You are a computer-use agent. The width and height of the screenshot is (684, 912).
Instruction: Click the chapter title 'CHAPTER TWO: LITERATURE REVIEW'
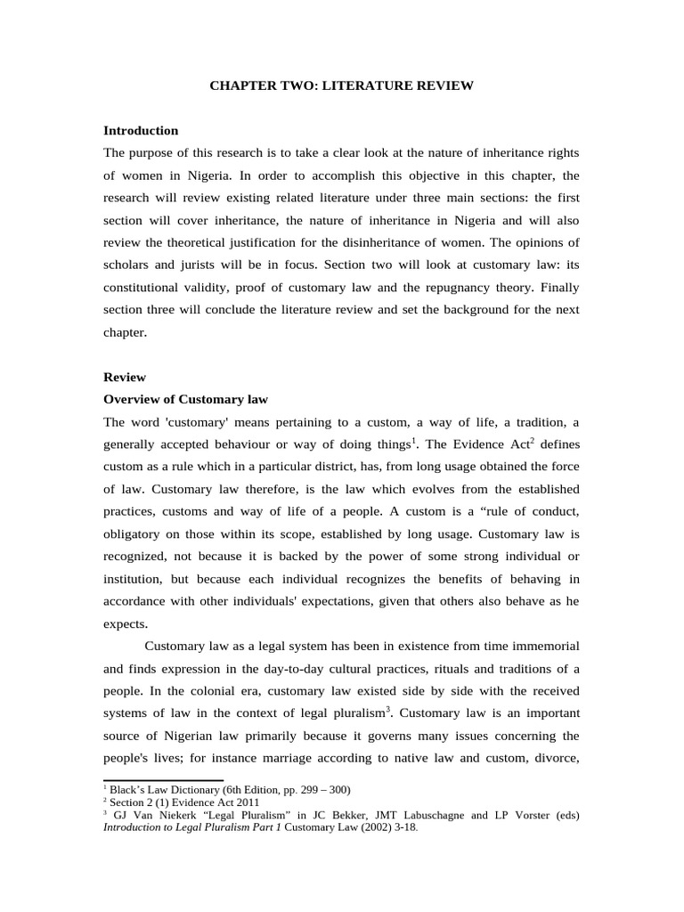(342, 86)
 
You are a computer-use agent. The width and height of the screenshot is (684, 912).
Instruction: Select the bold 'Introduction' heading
(141, 130)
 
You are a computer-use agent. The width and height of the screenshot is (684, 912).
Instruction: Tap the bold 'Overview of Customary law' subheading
(185, 399)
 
